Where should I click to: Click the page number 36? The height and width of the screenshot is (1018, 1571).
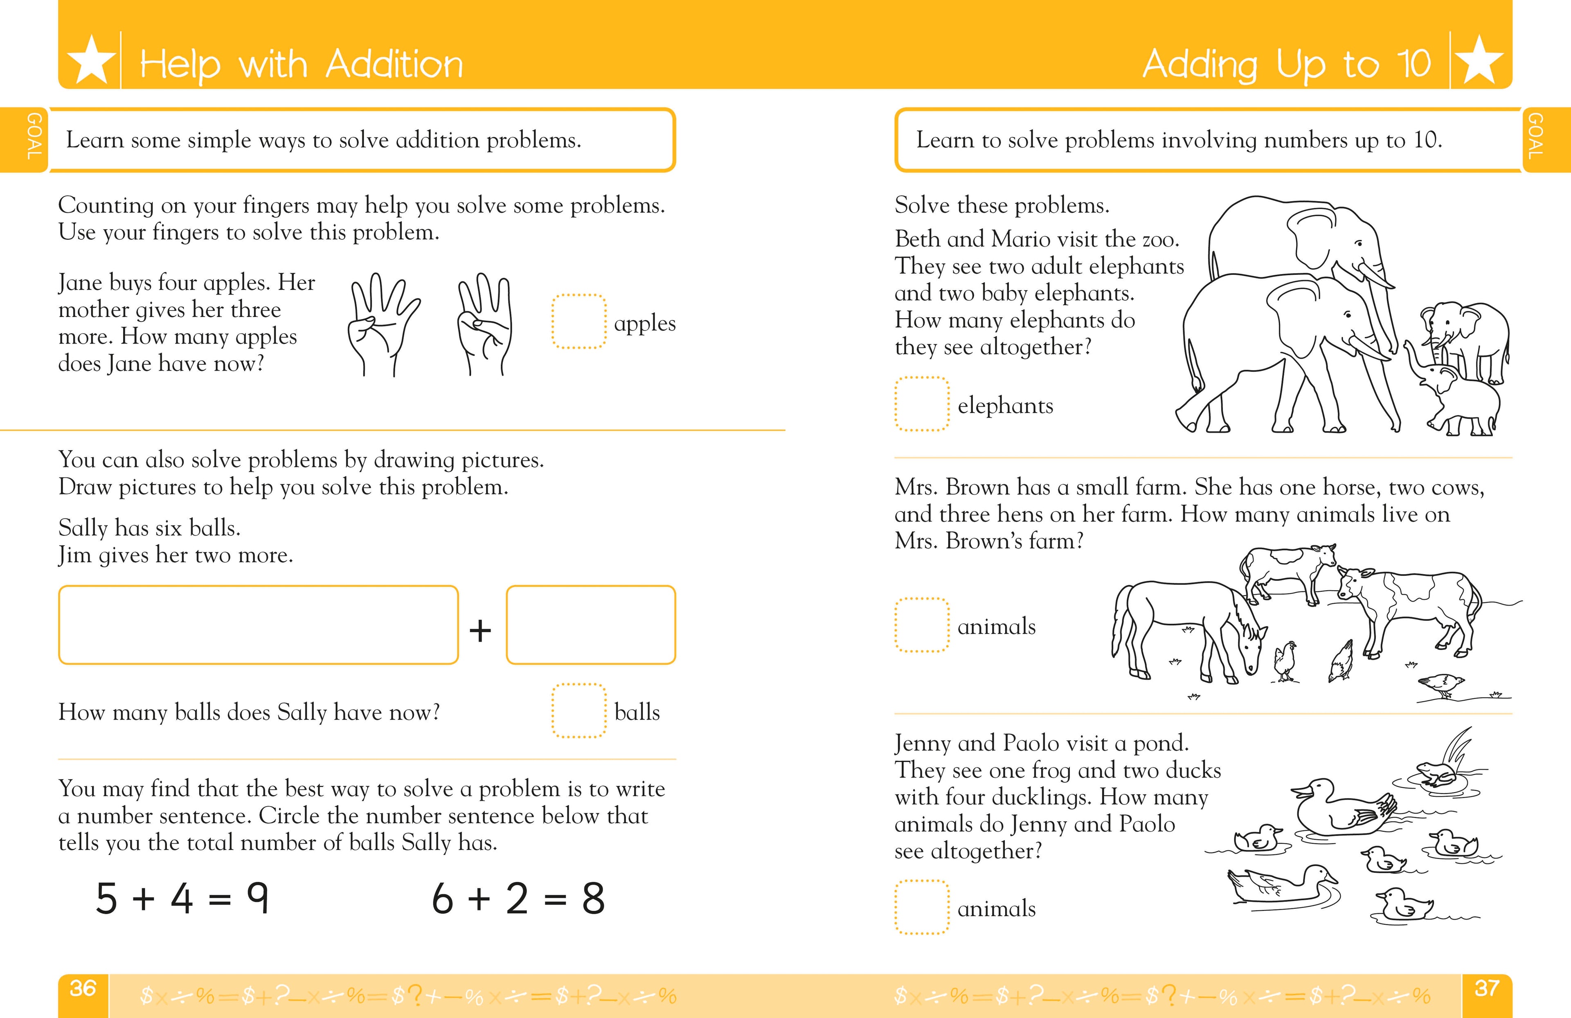coord(83,988)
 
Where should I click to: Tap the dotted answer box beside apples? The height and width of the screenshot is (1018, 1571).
coord(578,322)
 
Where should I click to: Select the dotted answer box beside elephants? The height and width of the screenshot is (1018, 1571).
coord(921,404)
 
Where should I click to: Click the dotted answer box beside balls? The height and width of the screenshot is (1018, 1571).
coord(578,710)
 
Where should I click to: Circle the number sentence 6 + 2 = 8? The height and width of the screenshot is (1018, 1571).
coord(518,899)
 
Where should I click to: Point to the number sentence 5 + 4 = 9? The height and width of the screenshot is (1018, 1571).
coord(182,899)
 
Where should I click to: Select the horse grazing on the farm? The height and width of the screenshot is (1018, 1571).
coord(1188,627)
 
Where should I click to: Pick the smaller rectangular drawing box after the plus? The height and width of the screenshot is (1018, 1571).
coord(591,624)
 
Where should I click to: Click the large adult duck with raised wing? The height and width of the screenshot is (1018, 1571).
coord(1340,808)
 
